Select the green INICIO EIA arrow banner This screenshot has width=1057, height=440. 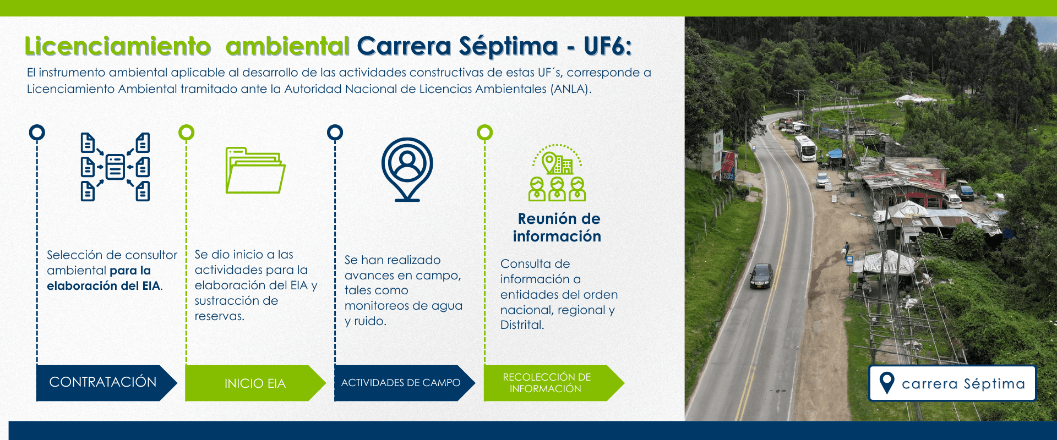pyautogui.click(x=255, y=383)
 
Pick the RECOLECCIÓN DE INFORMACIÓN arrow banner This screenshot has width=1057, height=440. pyautogui.click(x=554, y=383)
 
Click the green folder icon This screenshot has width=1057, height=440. pyautogui.click(x=255, y=170)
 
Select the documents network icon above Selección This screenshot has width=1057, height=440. pyautogui.click(x=115, y=167)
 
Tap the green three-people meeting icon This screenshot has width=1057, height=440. pyautogui.click(x=557, y=173)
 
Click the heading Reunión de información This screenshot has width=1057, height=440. pyautogui.click(x=558, y=227)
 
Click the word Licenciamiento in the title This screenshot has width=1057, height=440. pyautogui.click(x=118, y=46)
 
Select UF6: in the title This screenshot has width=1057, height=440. pyautogui.click(x=608, y=46)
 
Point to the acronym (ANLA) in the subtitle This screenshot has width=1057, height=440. pyautogui.click(x=571, y=89)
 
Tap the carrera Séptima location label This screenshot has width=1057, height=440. pyautogui.click(x=952, y=383)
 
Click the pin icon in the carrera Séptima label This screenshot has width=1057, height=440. pyautogui.click(x=887, y=382)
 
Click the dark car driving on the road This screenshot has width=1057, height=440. pyautogui.click(x=761, y=276)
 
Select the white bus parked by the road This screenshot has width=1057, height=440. pyautogui.click(x=805, y=148)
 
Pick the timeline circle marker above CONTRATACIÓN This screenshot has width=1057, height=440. pyautogui.click(x=37, y=133)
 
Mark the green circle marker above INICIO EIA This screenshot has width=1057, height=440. pyautogui.click(x=186, y=133)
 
